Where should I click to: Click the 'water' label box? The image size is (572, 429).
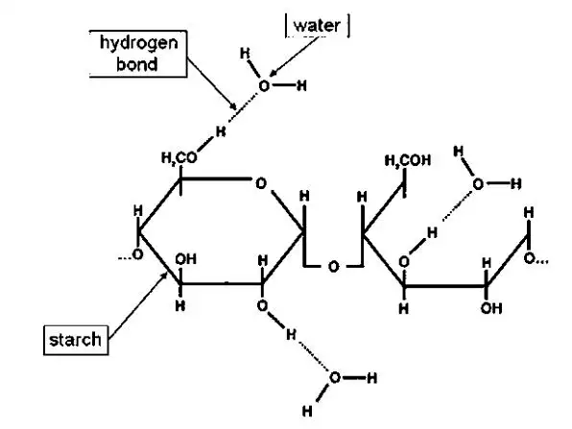pos(317,26)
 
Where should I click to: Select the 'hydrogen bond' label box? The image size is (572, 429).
pos(138,54)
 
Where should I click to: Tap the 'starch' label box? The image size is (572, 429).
pos(76,340)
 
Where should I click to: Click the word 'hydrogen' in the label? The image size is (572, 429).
pos(139,43)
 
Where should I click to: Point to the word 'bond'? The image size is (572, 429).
pos(137,64)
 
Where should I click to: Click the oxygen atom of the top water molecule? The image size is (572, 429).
pos(264,86)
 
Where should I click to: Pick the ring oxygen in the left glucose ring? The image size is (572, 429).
pos(261,183)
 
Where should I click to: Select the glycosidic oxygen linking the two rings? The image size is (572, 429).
pos(333,267)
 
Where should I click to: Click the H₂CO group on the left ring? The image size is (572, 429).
pos(179,157)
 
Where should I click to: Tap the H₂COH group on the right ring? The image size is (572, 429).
pos(408,160)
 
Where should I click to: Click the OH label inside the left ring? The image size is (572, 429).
pos(185,259)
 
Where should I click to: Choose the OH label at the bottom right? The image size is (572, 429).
pos(491,309)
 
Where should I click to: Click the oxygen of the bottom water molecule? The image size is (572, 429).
pos(335,377)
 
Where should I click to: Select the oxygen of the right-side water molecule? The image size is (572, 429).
pos(478,184)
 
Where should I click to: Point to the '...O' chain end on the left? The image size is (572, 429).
pos(131,254)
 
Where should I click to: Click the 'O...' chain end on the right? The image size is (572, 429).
pos(536,258)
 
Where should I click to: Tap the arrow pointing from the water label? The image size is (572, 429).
pos(295,57)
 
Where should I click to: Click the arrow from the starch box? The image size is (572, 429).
pos(138,305)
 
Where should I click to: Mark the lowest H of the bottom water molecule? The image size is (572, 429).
pos(307,412)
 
